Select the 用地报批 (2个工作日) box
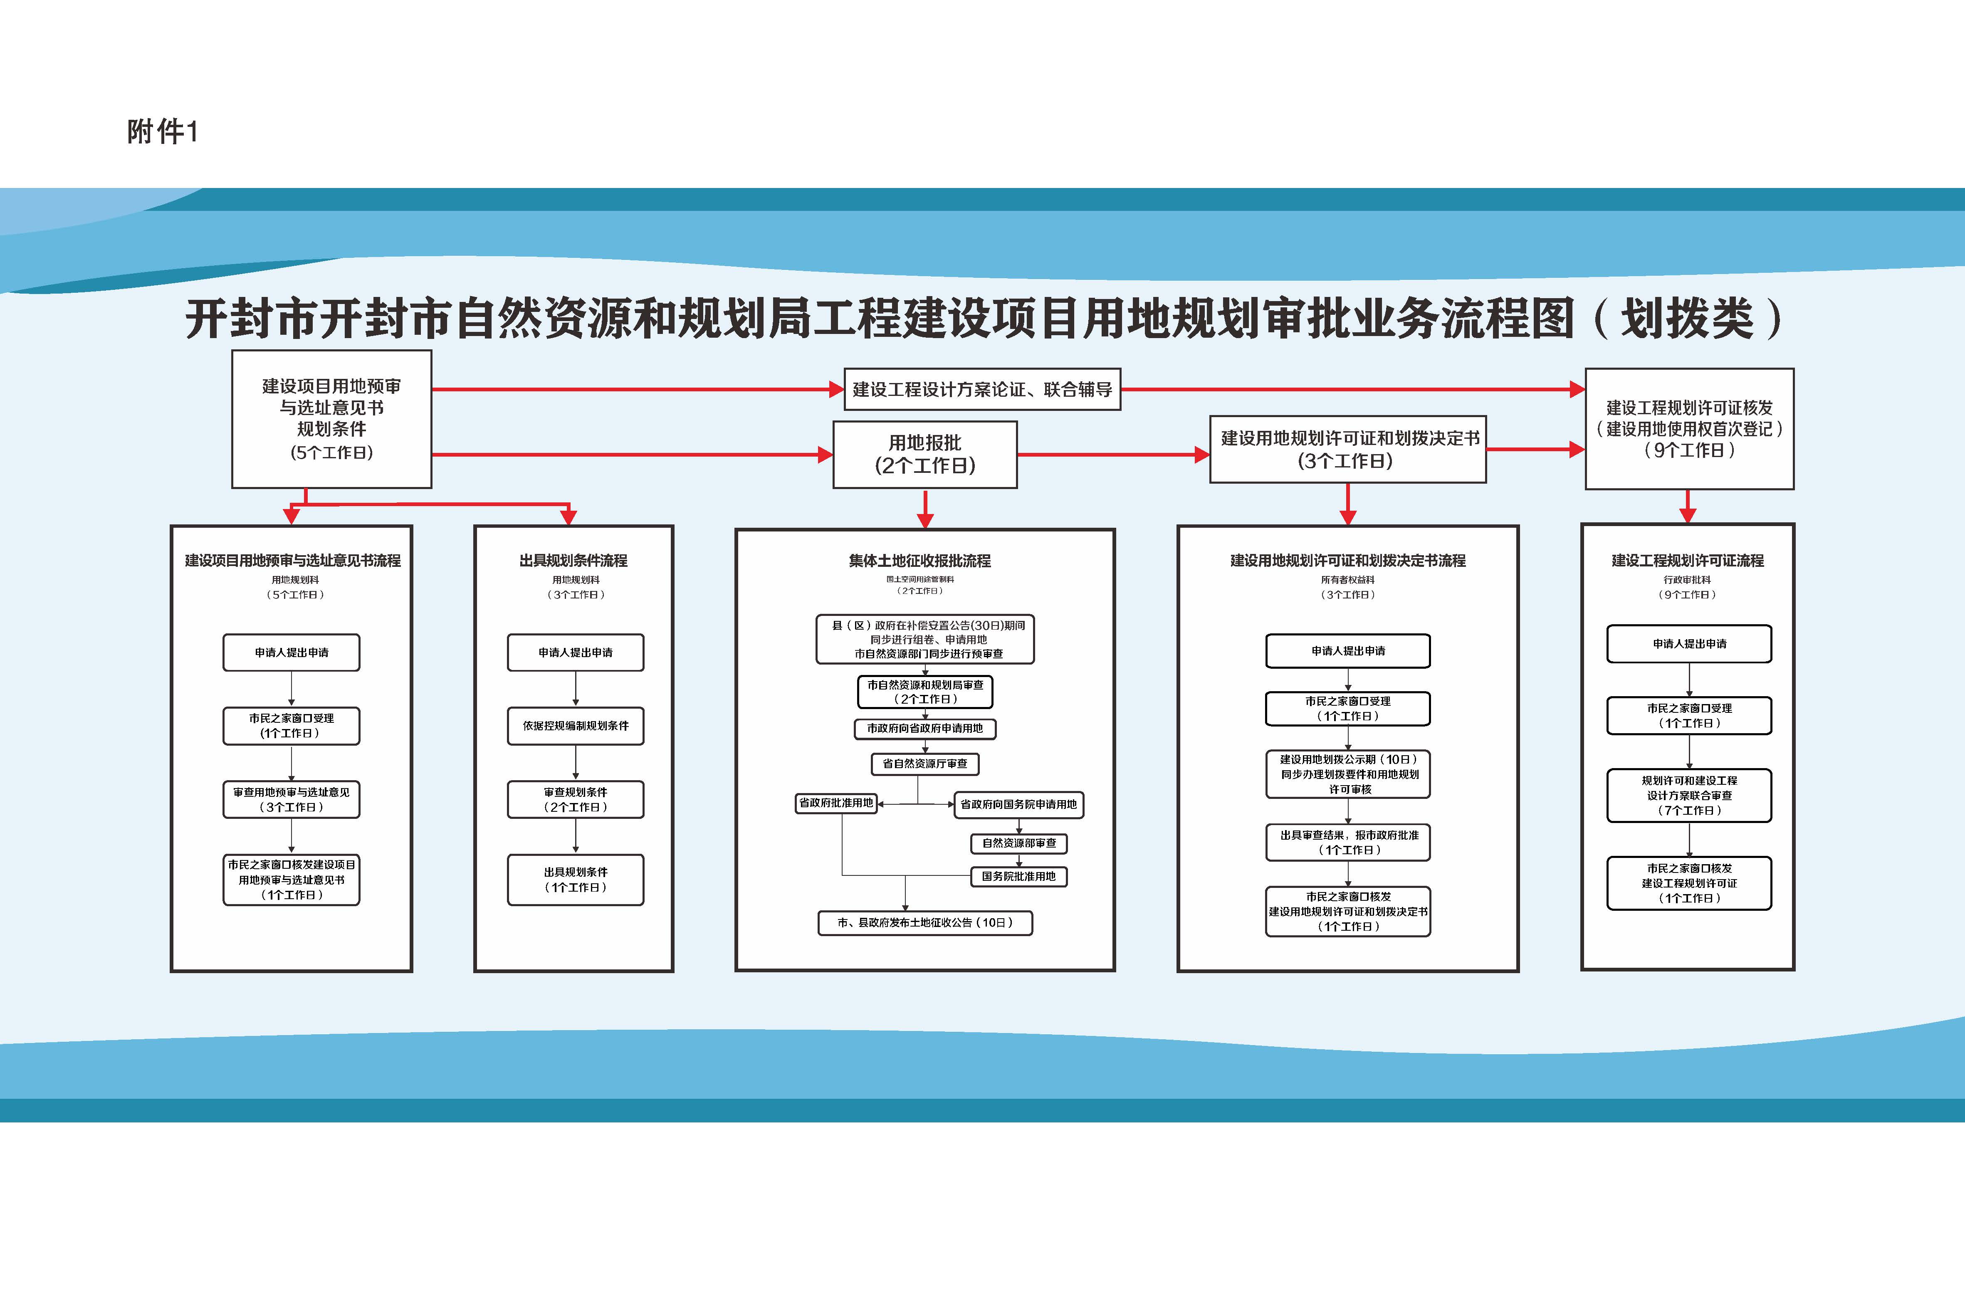[x=925, y=455]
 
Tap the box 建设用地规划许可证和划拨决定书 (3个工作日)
[x=1347, y=450]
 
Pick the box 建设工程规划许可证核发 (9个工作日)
[x=1689, y=429]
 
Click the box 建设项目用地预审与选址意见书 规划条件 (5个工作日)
[x=332, y=418]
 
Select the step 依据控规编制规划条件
[x=576, y=726]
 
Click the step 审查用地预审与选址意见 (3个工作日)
[x=292, y=800]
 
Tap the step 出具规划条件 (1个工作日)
[x=576, y=880]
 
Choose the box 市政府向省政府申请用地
[x=925, y=729]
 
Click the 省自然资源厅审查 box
[x=925, y=764]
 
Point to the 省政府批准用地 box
[x=835, y=803]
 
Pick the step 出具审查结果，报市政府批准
[x=1347, y=842]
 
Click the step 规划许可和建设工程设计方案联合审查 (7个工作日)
[x=1689, y=795]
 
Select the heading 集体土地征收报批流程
[x=920, y=561]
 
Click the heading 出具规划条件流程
[x=573, y=561]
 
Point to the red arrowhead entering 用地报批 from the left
[x=826, y=455]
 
